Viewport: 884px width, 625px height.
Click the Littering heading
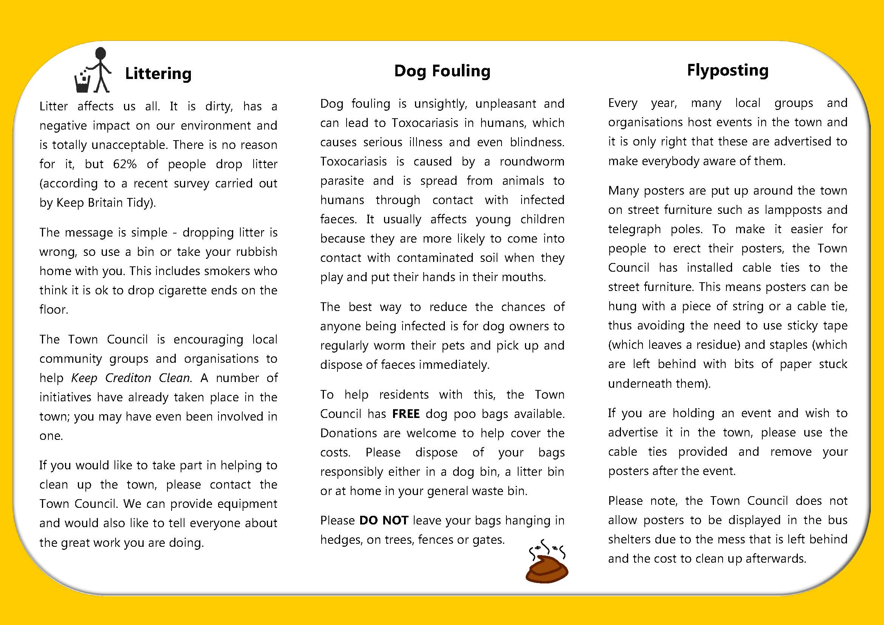[158, 73]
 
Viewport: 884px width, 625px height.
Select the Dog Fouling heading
[442, 71]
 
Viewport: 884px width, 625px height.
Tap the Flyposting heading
[727, 70]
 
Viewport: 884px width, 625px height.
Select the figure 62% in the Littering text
[125, 164]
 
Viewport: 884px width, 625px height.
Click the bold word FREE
[406, 414]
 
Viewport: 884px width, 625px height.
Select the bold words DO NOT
[384, 520]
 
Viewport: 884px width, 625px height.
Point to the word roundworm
[532, 161]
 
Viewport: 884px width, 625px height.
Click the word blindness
[537, 142]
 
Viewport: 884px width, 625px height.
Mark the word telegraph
[634, 229]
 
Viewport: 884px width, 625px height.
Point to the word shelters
[630, 539]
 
